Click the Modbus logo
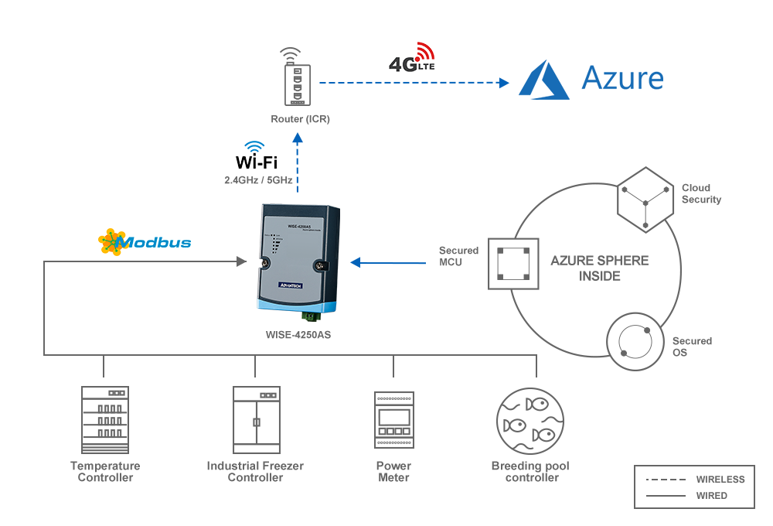pyautogui.click(x=145, y=242)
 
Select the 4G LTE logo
pyautogui.click(x=412, y=58)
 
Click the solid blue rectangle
pyautogui.click(x=591, y=80)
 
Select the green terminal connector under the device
pyautogui.click(x=310, y=316)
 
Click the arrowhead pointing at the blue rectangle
pyautogui.click(x=503, y=81)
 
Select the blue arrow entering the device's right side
pyautogui.click(x=386, y=263)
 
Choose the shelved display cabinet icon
pyautogui.click(x=105, y=420)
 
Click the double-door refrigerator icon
pyautogui.click(x=257, y=420)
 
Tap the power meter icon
pyautogui.click(x=394, y=420)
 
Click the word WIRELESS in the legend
pyautogui.click(x=720, y=480)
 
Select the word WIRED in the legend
pyautogui.click(x=711, y=496)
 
